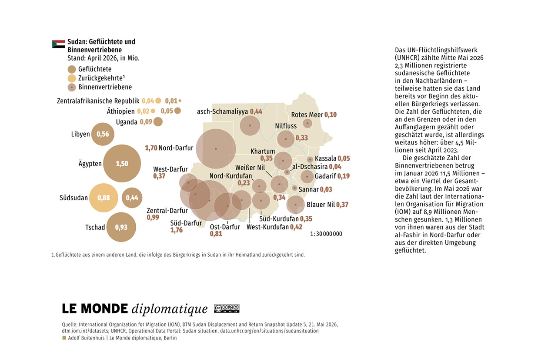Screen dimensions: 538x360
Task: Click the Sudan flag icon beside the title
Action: [x=59, y=44]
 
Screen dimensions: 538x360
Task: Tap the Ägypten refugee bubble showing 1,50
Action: [x=122, y=163]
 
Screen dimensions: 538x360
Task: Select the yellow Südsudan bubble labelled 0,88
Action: [x=104, y=198]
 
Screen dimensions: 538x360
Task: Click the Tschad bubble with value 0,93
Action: [x=121, y=227]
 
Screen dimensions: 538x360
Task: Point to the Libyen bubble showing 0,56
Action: [x=103, y=134]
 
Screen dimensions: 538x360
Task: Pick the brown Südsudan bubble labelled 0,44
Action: [x=132, y=198]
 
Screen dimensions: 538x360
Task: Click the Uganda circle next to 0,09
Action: [x=158, y=122]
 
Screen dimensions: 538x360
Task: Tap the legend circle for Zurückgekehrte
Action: [x=72, y=78]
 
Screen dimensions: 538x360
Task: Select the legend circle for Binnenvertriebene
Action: [x=72, y=87]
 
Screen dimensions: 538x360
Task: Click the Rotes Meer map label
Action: [x=307, y=115]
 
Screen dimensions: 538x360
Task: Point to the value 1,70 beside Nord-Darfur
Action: [x=151, y=148]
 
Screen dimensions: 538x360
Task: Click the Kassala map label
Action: [x=325, y=158]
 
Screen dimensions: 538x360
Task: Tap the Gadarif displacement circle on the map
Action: [x=307, y=177]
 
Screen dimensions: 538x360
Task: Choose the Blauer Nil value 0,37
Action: [x=342, y=205]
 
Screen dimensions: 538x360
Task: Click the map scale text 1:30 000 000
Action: [x=326, y=234]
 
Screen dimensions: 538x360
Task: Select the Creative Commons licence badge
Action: [x=227, y=309]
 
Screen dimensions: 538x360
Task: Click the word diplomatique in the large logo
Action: [x=170, y=309]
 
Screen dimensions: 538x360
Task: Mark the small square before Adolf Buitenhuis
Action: [x=64, y=338]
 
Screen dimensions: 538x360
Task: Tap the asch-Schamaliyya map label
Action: [x=222, y=112]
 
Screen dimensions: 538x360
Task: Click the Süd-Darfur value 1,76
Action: [x=177, y=230]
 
